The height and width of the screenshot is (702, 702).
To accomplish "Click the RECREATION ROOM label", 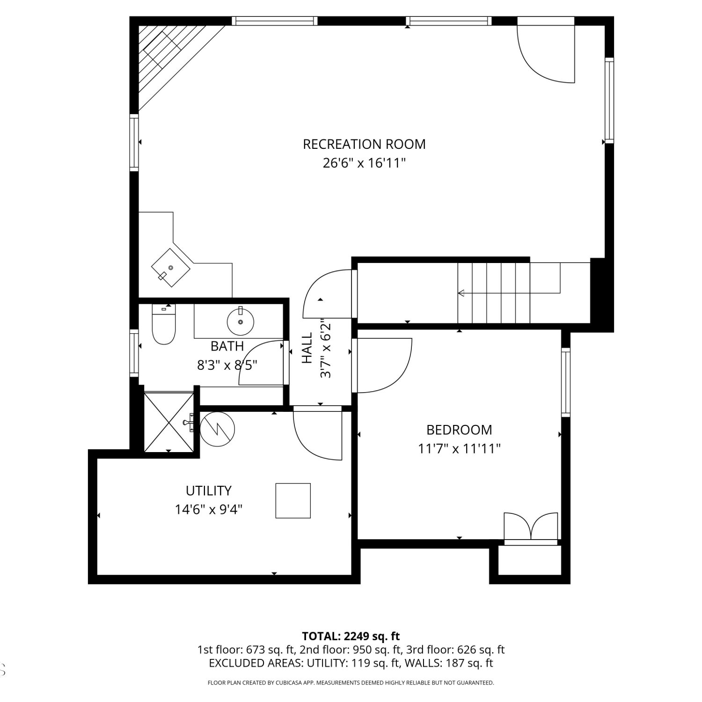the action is (x=364, y=144).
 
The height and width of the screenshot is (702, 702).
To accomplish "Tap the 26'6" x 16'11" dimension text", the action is (x=364, y=163).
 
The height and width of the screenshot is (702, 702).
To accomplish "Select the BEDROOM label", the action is (x=459, y=430).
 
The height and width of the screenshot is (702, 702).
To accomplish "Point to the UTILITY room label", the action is (x=209, y=490).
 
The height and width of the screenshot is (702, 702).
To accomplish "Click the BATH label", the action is (x=227, y=346).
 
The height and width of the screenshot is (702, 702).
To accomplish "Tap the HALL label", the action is (x=307, y=348).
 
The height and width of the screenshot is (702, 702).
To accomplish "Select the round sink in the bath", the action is (x=241, y=322).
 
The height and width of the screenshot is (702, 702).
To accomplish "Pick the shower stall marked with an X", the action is (x=168, y=423).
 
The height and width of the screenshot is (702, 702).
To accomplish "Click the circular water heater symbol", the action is (x=217, y=429).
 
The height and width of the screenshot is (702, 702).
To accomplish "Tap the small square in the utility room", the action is (x=293, y=501).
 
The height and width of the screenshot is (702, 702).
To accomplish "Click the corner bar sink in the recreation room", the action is (x=170, y=268).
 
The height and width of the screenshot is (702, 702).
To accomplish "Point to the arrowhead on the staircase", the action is (x=461, y=293).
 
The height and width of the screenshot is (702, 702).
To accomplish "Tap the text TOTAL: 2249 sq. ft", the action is (x=351, y=636).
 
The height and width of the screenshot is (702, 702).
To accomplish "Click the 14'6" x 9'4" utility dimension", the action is (x=209, y=509).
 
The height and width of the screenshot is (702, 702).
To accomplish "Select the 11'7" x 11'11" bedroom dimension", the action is (x=459, y=449).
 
